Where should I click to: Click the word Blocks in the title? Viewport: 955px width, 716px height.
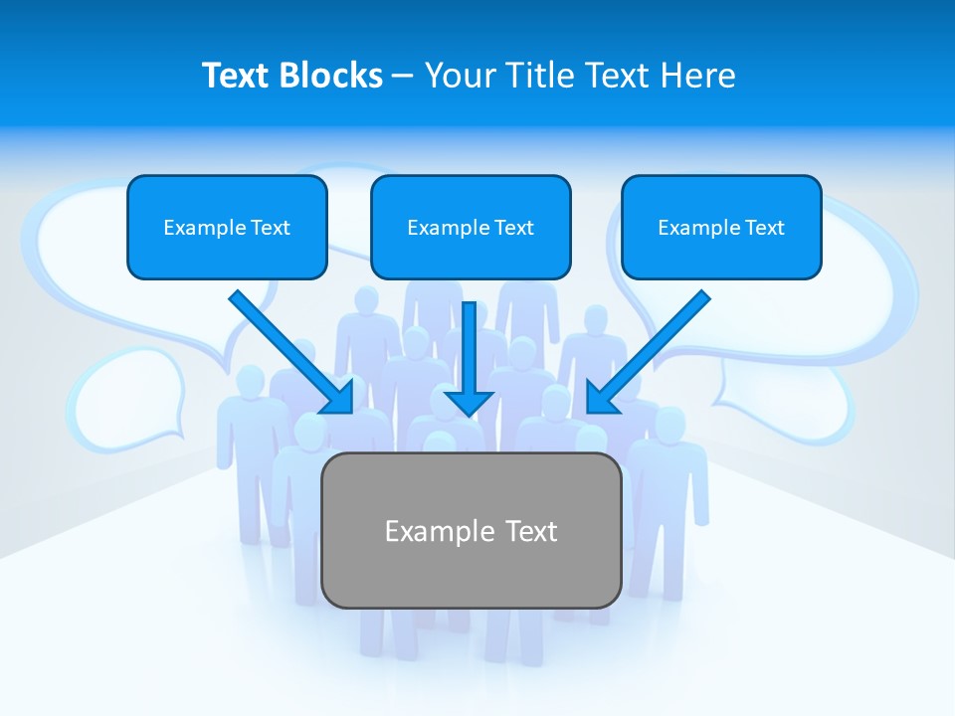pyautogui.click(x=331, y=76)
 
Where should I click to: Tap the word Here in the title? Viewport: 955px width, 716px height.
pyautogui.click(x=698, y=76)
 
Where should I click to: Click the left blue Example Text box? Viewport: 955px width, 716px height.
pyautogui.click(x=227, y=227)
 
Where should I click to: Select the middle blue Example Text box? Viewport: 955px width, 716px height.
pyautogui.click(x=471, y=227)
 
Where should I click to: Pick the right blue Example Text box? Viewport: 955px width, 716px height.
pyautogui.click(x=721, y=227)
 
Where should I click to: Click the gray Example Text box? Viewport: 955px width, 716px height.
pyautogui.click(x=471, y=530)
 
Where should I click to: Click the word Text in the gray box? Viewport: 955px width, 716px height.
pyautogui.click(x=531, y=531)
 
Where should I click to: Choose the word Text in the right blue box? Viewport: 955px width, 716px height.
pyautogui.click(x=765, y=228)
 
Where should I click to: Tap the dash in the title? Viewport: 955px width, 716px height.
pyautogui.click(x=403, y=77)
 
